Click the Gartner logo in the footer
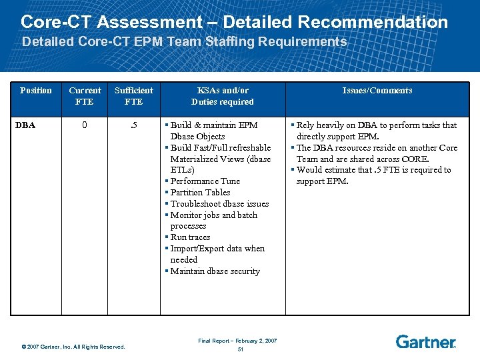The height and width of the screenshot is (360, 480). (x=425, y=342)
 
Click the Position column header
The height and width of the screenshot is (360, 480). (x=36, y=91)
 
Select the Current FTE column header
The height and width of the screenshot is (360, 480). (x=85, y=96)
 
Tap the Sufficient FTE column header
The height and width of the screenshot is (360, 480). (x=133, y=96)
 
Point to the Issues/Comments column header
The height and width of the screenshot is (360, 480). (x=377, y=91)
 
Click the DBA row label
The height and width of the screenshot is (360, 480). (x=27, y=125)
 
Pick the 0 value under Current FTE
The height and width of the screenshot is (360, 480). (x=84, y=125)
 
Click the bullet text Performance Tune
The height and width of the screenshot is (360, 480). (x=205, y=181)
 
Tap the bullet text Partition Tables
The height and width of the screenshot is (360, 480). (x=200, y=193)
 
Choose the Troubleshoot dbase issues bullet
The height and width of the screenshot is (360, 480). (x=219, y=204)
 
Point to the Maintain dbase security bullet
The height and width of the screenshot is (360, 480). (x=215, y=271)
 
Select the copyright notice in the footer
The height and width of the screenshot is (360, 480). (x=73, y=347)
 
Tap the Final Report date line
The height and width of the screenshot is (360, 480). (x=237, y=341)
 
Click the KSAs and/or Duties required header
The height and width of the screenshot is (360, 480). (x=223, y=96)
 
